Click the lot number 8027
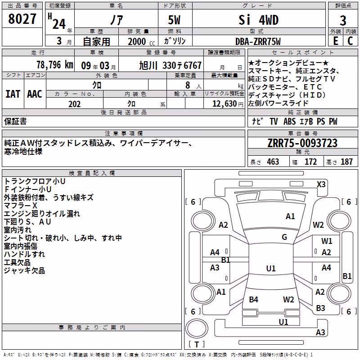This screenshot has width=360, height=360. pos(22,19)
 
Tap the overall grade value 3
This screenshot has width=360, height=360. pos(343,21)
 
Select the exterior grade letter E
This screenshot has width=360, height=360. pos(336,41)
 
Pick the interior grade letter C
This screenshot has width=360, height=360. pos(350,41)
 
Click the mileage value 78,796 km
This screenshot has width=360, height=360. pos(55,65)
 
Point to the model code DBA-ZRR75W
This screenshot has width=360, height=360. pos(258,41)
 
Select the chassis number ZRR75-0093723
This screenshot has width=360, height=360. pos(302,143)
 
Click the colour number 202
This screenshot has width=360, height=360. pos(74,104)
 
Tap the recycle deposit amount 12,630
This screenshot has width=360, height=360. pos(225,104)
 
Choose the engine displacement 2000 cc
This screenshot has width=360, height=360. pos(141,41)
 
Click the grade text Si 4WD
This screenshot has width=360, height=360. pos(258,20)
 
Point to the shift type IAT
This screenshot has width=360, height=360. pos(13,94)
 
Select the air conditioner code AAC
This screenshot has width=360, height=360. pos(35,94)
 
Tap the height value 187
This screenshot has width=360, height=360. pos(346,162)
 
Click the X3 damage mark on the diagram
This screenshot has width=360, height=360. pos(321,184)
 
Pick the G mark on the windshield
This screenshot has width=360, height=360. pos(284,237)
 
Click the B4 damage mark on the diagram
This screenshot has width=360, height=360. pos(253,299)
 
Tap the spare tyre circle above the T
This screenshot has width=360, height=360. pos(197,328)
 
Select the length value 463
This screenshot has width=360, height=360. pos(273,162)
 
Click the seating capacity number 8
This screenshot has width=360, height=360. pos(188,85)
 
